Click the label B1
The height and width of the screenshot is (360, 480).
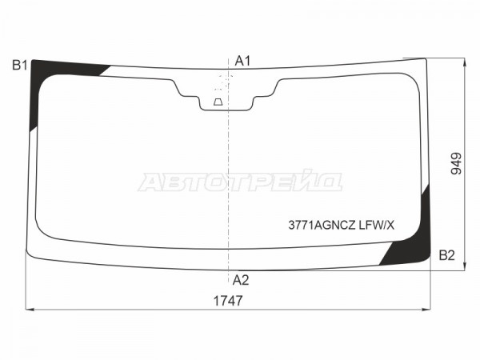tap(20, 66)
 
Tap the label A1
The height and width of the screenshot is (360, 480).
tap(242, 62)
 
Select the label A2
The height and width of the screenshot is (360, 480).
tap(241, 280)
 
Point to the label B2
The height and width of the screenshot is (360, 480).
tap(447, 255)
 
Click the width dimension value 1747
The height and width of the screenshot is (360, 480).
tap(228, 301)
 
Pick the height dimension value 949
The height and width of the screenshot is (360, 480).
tap(456, 163)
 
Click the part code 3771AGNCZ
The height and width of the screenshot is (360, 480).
tap(322, 226)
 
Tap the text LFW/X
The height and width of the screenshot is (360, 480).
tap(377, 226)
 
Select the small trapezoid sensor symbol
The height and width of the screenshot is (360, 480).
tap(218, 102)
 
